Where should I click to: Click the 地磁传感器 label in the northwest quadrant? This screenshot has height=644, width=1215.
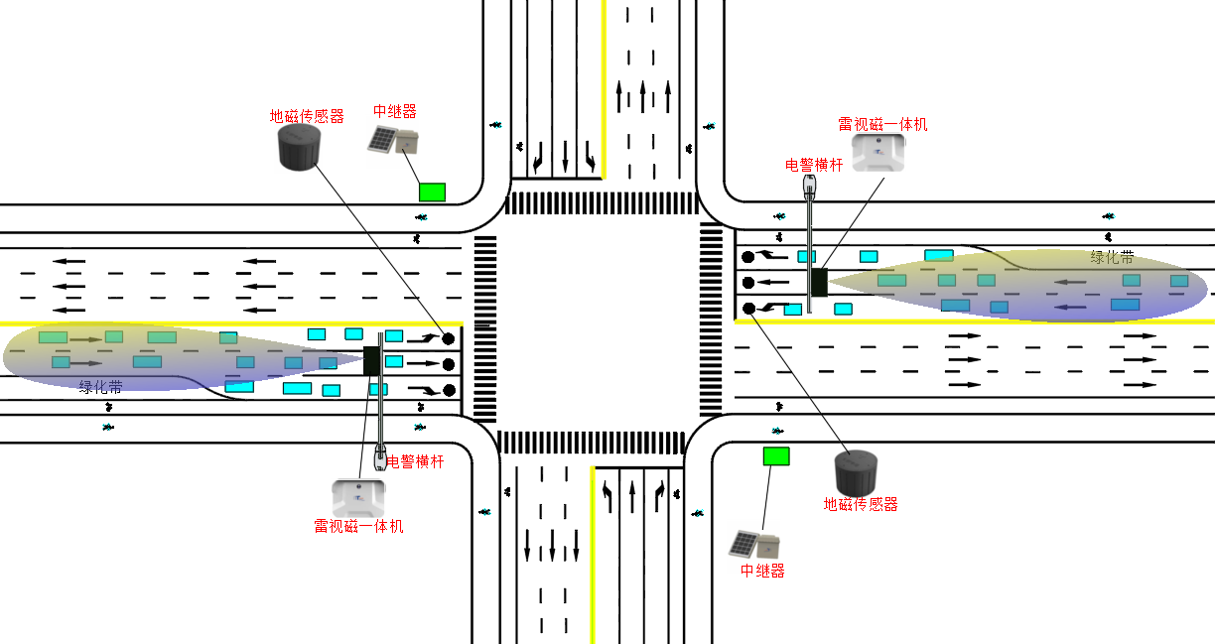click(307, 116)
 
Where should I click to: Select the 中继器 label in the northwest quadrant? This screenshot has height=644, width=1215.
click(394, 111)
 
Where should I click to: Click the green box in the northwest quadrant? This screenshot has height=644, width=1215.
click(432, 192)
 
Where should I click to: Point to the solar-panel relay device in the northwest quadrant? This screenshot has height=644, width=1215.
click(394, 141)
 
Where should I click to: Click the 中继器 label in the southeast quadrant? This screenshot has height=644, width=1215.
click(762, 571)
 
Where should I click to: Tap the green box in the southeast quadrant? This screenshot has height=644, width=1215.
click(776, 455)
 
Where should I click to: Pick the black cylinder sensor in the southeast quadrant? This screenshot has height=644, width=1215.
click(856, 473)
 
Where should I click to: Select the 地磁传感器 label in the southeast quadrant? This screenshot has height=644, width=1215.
click(861, 504)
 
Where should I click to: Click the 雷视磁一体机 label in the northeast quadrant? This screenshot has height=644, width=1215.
click(882, 124)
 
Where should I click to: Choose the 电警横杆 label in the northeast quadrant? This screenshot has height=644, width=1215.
click(814, 165)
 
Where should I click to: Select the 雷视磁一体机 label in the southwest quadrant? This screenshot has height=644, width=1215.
click(358, 526)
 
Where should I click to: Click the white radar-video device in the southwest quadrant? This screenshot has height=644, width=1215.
click(357, 496)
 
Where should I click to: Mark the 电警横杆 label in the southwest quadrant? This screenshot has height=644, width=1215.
click(415, 461)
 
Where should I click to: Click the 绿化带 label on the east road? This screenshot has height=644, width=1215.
click(1112, 257)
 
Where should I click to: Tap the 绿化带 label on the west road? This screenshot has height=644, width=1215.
click(101, 386)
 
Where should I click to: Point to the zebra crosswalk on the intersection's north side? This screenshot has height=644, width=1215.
click(603, 203)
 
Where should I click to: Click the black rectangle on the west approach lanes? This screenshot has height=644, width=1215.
click(372, 360)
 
